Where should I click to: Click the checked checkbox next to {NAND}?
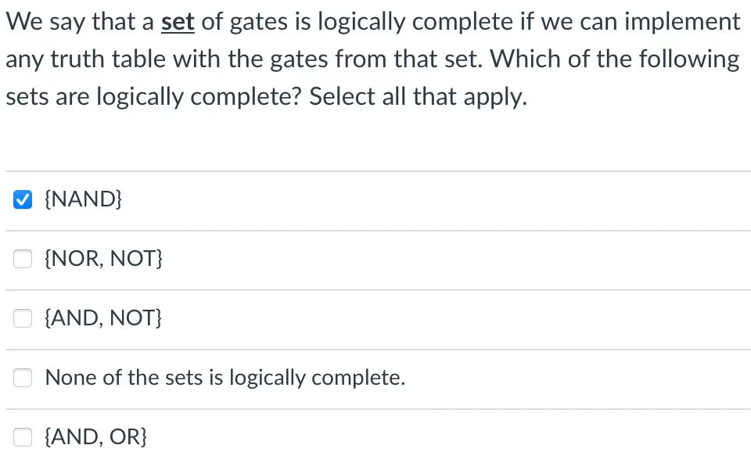(x=22, y=200)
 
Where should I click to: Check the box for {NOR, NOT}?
(x=22, y=260)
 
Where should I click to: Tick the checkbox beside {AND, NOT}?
(x=22, y=319)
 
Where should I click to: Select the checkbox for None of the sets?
(x=22, y=379)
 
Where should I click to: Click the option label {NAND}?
(x=84, y=200)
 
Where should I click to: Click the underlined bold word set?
(x=178, y=22)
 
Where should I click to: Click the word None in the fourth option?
(x=71, y=379)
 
